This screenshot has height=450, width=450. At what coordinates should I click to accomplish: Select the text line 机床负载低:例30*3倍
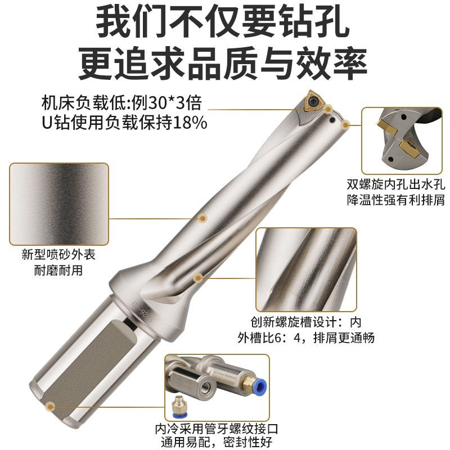tap(121, 103)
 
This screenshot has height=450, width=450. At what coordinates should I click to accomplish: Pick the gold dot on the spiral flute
tap(198, 277)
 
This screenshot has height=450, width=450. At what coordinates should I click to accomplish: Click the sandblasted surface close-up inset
tap(59, 201)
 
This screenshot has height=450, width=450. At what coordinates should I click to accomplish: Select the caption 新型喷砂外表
tap(58, 255)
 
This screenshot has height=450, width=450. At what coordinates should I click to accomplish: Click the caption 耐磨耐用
tap(58, 270)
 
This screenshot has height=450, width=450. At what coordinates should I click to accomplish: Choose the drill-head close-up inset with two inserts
tap(402, 139)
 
